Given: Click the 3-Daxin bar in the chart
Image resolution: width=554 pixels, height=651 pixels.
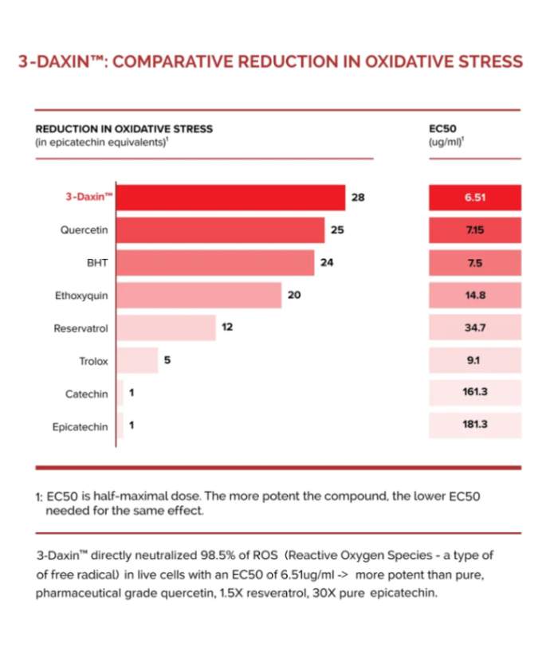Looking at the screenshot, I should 231,198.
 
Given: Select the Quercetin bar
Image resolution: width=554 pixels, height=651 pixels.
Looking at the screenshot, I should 221,230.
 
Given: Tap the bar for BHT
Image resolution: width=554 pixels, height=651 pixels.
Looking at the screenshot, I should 215,262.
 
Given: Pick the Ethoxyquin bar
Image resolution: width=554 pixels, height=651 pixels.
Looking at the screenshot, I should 199,295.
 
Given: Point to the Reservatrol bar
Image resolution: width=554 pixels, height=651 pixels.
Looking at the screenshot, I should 167,327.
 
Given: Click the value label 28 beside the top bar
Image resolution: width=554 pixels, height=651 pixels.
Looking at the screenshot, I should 358,198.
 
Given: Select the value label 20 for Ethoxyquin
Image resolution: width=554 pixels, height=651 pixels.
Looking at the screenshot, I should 294,295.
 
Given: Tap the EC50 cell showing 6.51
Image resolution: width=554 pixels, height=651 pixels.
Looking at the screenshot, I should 475,198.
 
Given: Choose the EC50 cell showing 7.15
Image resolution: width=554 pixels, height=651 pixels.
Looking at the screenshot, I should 475,230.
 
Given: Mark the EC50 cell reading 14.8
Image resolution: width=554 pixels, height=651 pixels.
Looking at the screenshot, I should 475,295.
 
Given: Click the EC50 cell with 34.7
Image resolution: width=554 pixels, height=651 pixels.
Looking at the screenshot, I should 475,327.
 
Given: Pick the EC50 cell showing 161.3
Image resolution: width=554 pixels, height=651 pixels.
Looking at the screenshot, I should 475,393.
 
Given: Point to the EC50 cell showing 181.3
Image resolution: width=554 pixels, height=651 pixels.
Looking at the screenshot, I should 475,426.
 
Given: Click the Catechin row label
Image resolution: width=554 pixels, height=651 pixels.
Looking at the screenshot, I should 87,394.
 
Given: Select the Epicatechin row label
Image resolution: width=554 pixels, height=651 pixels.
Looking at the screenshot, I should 80,426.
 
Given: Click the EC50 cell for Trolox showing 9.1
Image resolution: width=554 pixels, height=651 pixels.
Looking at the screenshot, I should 475,360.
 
